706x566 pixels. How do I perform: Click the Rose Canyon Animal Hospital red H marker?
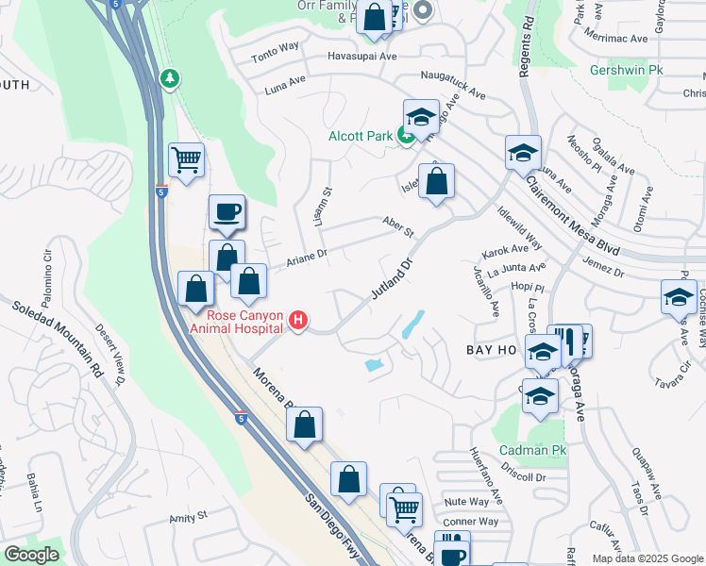pos(298,322)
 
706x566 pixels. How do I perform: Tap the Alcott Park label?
pos(360,137)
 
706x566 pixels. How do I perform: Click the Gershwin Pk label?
pos(627,71)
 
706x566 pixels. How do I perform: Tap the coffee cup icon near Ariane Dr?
pos(227,212)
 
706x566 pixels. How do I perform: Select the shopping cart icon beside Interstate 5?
pos(186,159)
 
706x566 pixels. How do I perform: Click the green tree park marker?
pos(170,77)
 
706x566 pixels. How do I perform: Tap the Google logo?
pos(32,555)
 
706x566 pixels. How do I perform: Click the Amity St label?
pos(188,517)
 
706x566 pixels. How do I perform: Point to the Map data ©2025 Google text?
pos(647,558)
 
